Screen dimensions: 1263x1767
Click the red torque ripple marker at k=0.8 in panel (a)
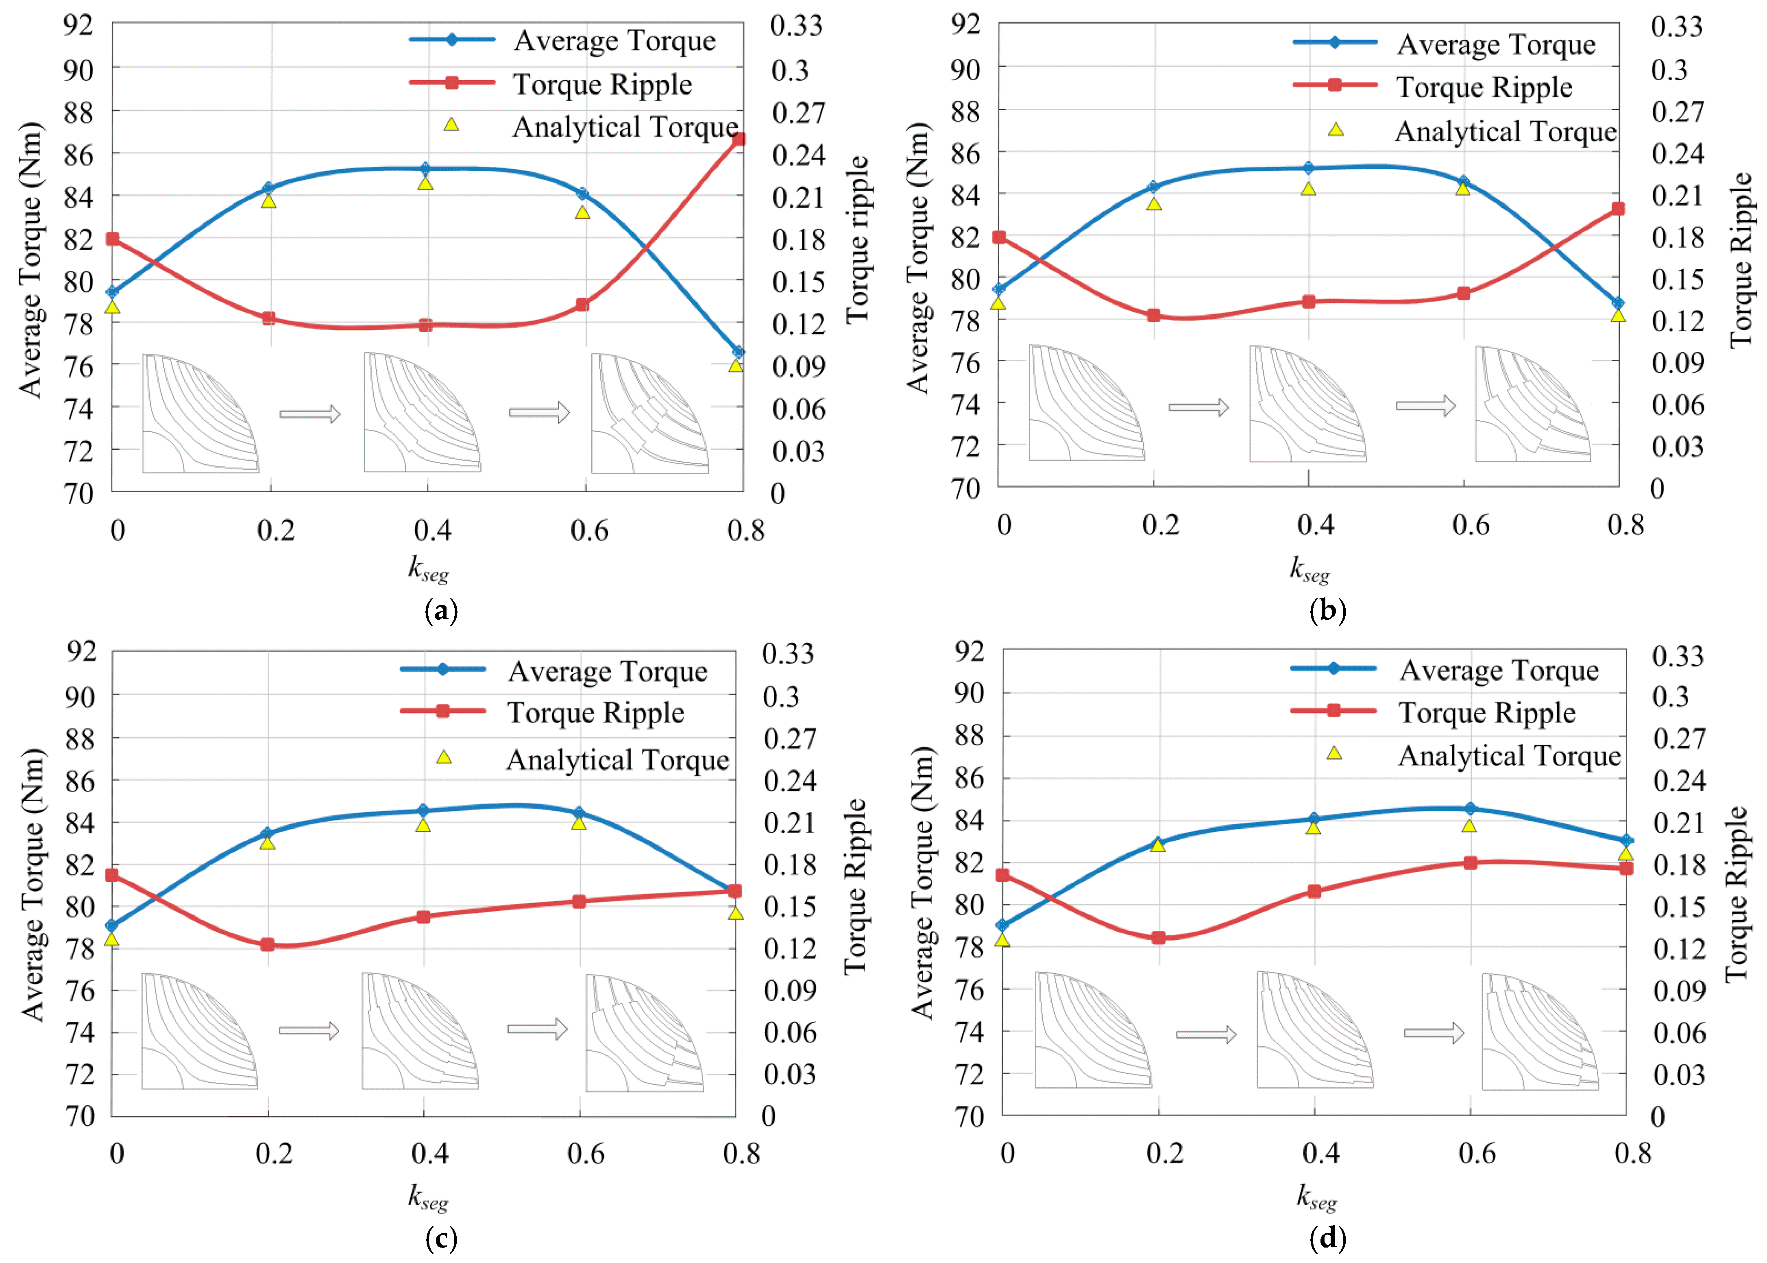click(738, 139)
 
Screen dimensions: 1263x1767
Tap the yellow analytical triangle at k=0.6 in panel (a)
click(582, 211)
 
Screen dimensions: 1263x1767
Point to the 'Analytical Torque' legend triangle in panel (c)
click(443, 757)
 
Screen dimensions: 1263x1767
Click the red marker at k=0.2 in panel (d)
click(1158, 937)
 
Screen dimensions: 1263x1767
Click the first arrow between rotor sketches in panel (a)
click(309, 413)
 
